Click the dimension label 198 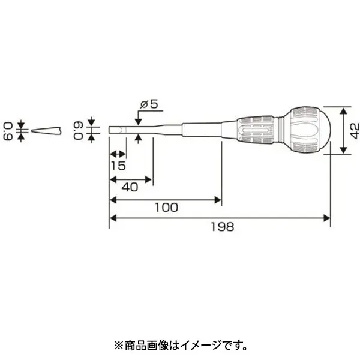coord(223,227)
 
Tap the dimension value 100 coord(166,208)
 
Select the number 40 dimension coord(130,187)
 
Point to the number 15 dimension coord(118,166)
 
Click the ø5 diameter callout coord(149,104)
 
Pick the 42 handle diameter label coord(355,131)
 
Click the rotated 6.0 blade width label coord(79,131)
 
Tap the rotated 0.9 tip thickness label coord(8,131)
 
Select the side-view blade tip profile coord(46,131)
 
